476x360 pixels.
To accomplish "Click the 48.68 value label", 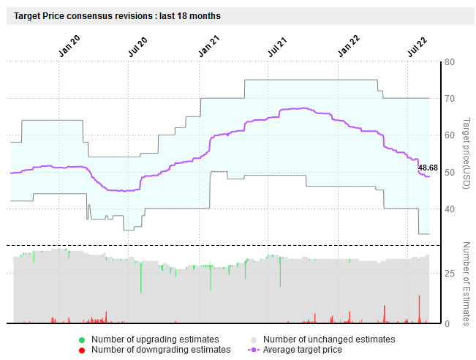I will [x=428, y=168].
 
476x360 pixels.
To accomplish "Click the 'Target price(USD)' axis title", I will [x=466, y=154].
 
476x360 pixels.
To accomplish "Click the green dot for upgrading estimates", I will [x=82, y=340].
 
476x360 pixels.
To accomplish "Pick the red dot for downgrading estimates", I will [x=82, y=350].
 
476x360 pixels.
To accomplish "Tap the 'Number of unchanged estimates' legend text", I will [x=329, y=340].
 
